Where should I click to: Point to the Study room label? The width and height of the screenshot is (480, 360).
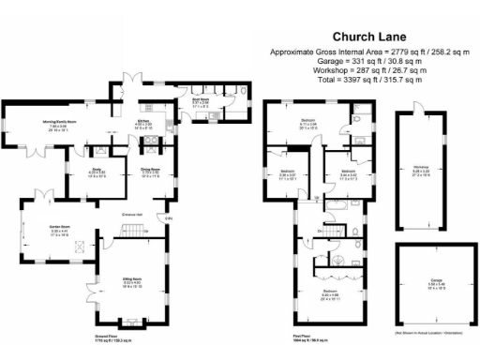[x=97, y=172]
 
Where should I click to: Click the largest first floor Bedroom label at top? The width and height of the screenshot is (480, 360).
[x=307, y=122]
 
